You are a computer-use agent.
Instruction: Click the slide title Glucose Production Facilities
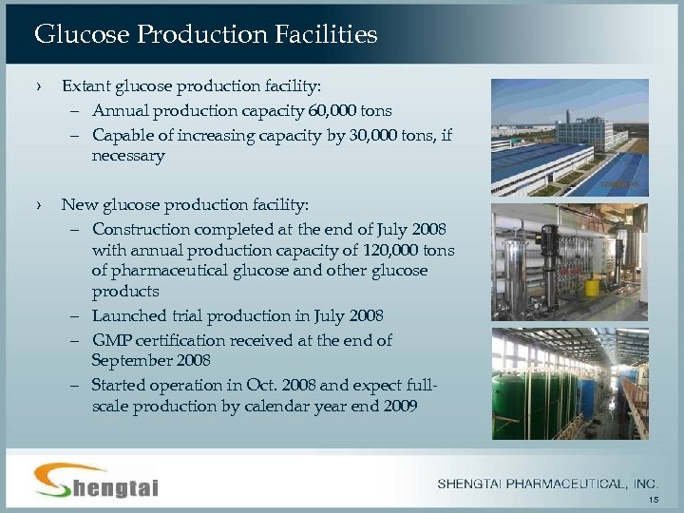pyautogui.click(x=205, y=35)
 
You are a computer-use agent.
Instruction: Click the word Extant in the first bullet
pyautogui.click(x=85, y=86)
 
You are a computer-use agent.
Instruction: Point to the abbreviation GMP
pyautogui.click(x=112, y=340)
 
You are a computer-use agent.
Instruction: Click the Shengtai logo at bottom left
pyautogui.click(x=96, y=481)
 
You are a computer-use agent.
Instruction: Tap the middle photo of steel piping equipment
pyautogui.click(x=569, y=261)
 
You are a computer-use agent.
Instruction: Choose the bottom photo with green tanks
pyautogui.click(x=569, y=384)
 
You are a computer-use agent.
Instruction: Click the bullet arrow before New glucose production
pyautogui.click(x=40, y=204)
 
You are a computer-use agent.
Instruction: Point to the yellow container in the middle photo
pyautogui.click(x=593, y=286)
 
